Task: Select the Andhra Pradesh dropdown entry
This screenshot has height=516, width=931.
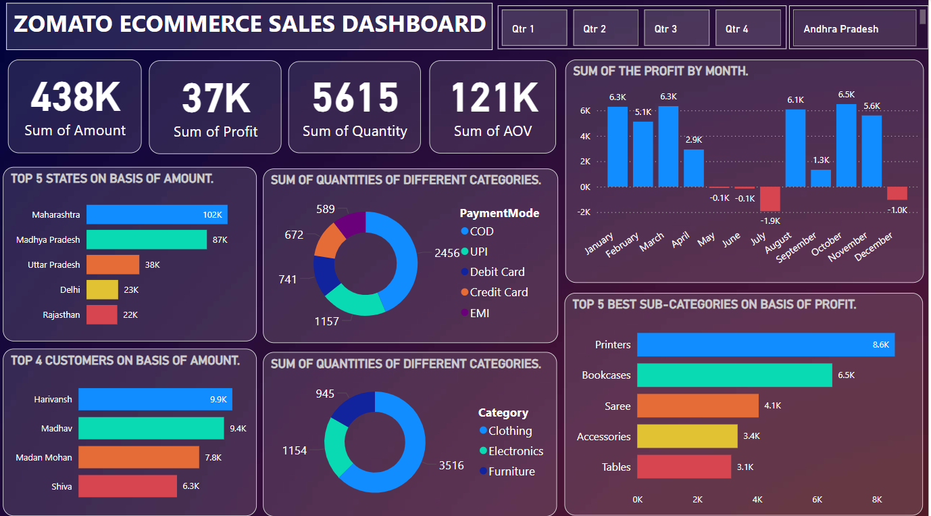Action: [855, 28]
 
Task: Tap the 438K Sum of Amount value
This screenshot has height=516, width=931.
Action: [75, 97]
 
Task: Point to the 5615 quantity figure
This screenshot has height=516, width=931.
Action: [355, 97]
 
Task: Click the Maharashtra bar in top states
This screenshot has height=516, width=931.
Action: [157, 214]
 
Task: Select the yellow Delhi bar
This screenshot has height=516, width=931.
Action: [102, 289]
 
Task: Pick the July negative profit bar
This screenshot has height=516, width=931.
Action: [770, 199]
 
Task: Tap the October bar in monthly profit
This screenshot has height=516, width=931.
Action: [846, 145]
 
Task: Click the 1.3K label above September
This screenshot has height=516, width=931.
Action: [821, 160]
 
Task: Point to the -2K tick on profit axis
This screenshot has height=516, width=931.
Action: [582, 212]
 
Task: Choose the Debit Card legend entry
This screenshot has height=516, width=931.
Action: [497, 272]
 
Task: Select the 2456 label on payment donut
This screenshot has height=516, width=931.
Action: [447, 253]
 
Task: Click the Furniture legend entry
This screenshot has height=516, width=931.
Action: [511, 471]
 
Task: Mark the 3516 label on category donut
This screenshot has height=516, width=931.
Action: [451, 465]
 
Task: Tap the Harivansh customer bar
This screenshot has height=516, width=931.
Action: [155, 399]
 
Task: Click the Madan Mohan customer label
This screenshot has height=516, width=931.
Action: [44, 457]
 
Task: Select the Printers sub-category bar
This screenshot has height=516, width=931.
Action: [765, 344]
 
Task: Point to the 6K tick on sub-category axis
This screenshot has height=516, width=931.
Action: [817, 500]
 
